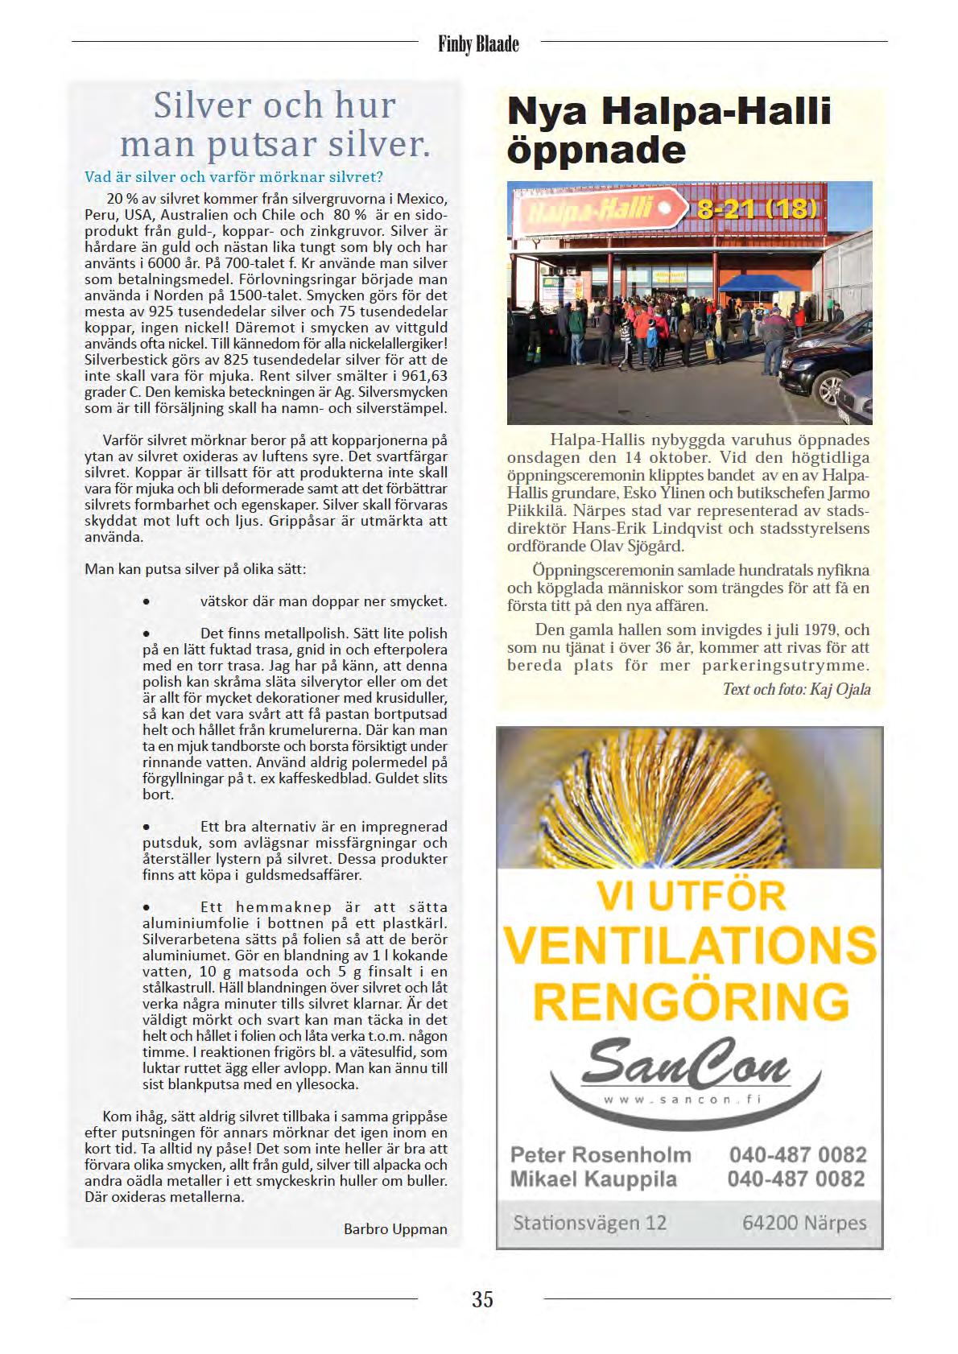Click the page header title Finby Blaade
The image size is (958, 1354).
click(x=478, y=43)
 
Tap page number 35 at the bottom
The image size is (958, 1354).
click(x=482, y=1298)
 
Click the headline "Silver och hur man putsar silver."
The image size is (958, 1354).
click(x=275, y=126)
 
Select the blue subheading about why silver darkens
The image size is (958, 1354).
click(x=233, y=176)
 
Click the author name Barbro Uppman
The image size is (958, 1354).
click(x=395, y=1228)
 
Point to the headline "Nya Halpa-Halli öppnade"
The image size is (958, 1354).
click(x=669, y=130)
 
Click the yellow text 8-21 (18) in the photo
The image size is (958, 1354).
click(x=758, y=209)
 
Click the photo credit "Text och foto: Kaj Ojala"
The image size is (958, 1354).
click(x=796, y=689)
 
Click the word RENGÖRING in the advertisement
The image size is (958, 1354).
click(x=691, y=1001)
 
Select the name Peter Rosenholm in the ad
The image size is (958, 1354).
click(x=601, y=1154)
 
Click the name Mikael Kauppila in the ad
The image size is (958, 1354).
click(x=593, y=1179)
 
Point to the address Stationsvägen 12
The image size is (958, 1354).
click(x=590, y=1223)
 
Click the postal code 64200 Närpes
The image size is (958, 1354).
click(x=804, y=1223)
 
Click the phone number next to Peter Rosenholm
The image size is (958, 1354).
click(x=797, y=1154)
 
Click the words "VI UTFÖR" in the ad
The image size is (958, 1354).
click(x=691, y=895)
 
